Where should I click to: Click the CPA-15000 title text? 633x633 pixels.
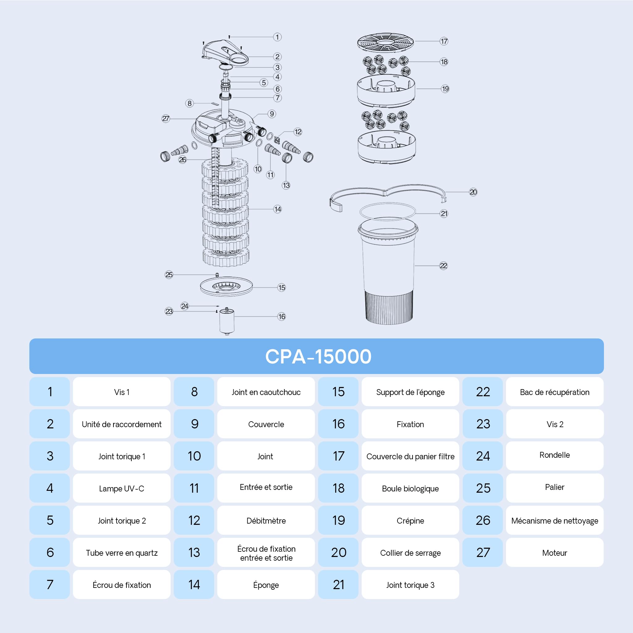pos(318,356)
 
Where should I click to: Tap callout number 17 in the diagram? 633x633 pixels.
pos(444,41)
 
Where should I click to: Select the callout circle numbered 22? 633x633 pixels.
pos(444,266)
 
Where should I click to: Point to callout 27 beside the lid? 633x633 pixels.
pos(166,119)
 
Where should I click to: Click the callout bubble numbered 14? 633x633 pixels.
pos(278,209)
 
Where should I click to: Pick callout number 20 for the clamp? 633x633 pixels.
pos(473,192)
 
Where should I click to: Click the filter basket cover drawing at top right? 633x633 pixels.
pos(385,42)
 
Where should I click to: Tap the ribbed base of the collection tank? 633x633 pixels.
pos(389,307)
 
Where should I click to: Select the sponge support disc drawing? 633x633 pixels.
pos(226,287)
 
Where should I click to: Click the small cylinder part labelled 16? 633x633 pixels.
pos(227,321)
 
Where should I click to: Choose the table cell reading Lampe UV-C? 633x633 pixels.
pos(121,488)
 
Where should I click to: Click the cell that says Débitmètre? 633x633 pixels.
pos(266,520)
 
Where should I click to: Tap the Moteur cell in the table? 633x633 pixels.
pos(555,552)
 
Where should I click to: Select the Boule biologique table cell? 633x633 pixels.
pos(410,488)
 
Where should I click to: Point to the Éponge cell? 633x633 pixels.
pos(266,584)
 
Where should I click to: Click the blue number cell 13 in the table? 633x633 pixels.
pos(194,552)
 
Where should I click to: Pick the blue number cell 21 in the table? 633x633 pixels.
pos(338,584)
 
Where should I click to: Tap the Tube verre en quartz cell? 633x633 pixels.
pos(121,552)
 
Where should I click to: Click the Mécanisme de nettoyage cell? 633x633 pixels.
pos(555,520)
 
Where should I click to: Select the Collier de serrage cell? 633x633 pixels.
pos(410,552)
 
